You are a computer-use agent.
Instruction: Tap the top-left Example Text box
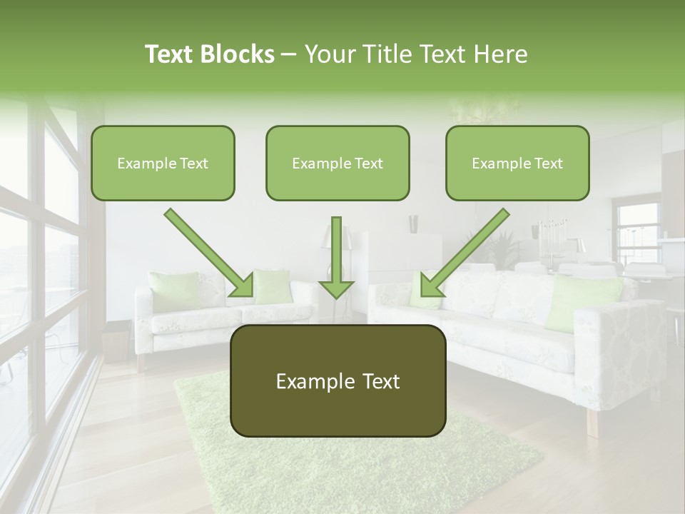click(x=163, y=163)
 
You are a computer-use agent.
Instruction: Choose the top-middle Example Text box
click(x=338, y=163)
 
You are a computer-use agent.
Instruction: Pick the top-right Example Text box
click(x=517, y=163)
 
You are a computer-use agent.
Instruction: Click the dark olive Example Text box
click(x=338, y=381)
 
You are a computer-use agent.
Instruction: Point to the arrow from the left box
click(x=208, y=253)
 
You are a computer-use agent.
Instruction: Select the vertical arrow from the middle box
click(x=336, y=257)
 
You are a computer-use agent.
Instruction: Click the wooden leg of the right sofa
click(x=592, y=423)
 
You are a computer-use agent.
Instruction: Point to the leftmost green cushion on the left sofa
click(x=173, y=291)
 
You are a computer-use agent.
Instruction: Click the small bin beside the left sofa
click(x=116, y=343)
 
